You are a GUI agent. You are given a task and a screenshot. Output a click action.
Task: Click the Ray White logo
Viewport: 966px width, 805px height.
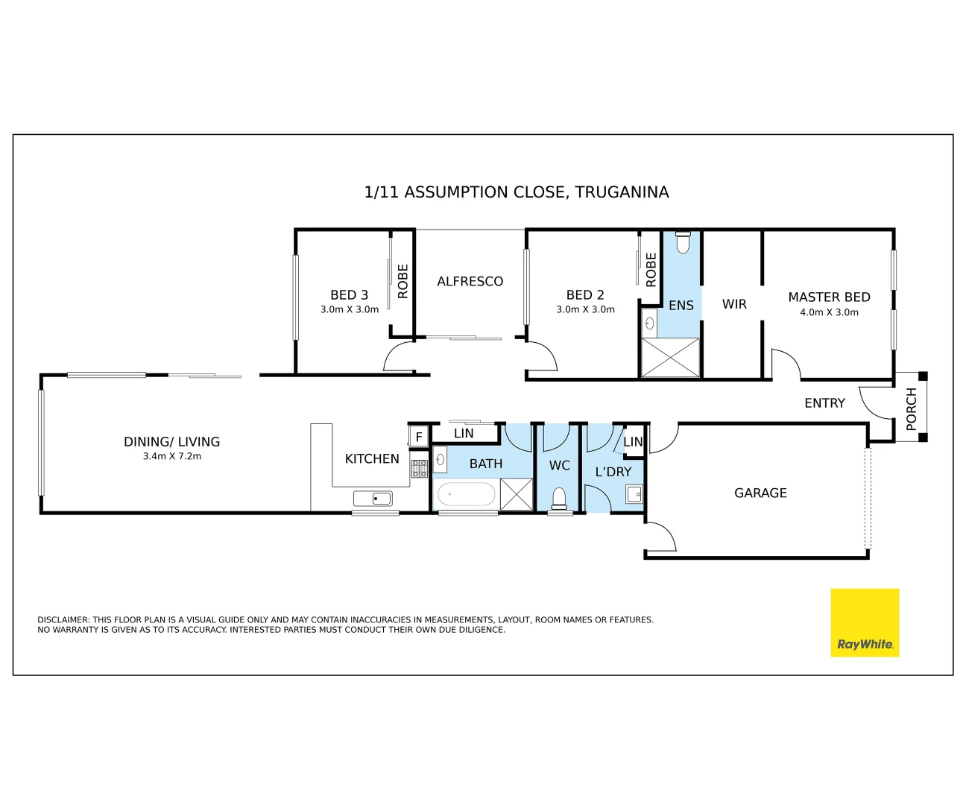[865, 622]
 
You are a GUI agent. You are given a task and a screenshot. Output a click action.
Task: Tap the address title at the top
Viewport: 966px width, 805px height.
[516, 192]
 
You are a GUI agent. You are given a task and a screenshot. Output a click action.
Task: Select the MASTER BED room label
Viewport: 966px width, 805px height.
[829, 297]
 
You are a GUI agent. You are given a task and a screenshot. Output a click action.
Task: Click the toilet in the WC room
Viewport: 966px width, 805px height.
[559, 498]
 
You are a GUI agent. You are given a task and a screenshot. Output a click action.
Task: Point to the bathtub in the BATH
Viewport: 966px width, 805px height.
[466, 494]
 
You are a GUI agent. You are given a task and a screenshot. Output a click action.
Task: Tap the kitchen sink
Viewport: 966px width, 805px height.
[373, 498]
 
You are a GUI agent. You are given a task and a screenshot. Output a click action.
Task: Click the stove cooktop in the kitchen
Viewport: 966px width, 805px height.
[419, 469]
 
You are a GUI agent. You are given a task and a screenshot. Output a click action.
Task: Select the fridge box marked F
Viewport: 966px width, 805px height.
[418, 436]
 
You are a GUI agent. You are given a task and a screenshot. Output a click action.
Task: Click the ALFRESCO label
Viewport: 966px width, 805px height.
[470, 281]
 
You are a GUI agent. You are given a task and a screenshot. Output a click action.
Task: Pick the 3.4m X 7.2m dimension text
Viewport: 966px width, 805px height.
[172, 456]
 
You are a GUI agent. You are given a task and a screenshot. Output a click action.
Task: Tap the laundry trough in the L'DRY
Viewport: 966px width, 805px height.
[634, 493]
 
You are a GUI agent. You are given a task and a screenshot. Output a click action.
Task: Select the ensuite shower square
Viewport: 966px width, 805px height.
[671, 358]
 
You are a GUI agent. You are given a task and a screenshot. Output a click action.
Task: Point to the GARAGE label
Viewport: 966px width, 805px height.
[760, 493]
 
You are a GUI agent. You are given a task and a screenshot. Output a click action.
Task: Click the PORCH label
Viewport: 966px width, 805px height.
[911, 408]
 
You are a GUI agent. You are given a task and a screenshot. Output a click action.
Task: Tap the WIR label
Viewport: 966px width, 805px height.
[734, 304]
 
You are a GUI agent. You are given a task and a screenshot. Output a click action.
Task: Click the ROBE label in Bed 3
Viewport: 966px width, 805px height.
[403, 281]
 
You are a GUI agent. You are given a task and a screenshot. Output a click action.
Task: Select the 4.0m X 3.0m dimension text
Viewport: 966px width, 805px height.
[829, 312]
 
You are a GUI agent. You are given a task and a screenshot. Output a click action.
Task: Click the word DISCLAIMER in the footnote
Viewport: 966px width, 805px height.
[63, 619]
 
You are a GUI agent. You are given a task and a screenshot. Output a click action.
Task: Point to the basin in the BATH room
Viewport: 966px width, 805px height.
[440, 460]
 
